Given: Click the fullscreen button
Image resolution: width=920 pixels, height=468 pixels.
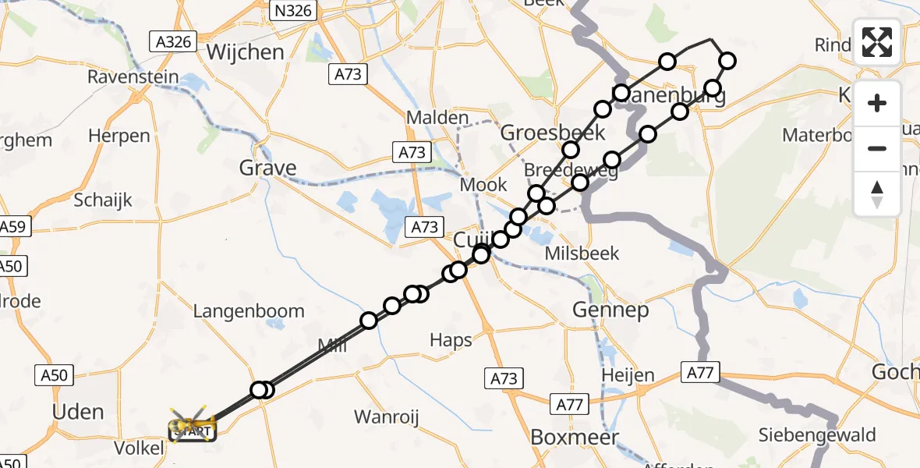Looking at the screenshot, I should tap(877, 42).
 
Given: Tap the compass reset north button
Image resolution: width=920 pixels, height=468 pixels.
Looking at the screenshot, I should tap(877, 194).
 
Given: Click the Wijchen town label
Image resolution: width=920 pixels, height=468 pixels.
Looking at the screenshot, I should tap(246, 52).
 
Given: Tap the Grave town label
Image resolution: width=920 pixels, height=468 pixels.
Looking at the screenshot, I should tap(267, 168).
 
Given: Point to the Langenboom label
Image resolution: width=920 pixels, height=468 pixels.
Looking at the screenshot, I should tap(249, 311).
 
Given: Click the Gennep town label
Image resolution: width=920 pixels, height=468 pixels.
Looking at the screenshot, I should tap(610, 310).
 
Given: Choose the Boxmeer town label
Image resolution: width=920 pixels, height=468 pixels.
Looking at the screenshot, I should tap(575, 437).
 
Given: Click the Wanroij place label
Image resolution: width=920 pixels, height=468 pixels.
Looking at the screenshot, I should tap(387, 417).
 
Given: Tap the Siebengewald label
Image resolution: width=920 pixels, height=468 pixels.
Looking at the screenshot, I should tap(819, 434).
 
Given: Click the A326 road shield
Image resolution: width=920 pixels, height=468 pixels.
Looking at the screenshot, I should tap(173, 41).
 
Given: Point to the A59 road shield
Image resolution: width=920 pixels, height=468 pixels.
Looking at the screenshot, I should tap(12, 228).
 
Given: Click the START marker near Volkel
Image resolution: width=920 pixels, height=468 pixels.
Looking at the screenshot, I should tap(192, 429).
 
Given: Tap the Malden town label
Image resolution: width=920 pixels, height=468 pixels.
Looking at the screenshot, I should tap(437, 117).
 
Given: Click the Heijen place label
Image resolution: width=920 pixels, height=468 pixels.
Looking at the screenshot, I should tap(628, 375).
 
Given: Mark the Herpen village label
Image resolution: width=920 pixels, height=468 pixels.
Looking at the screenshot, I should tap(119, 136).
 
